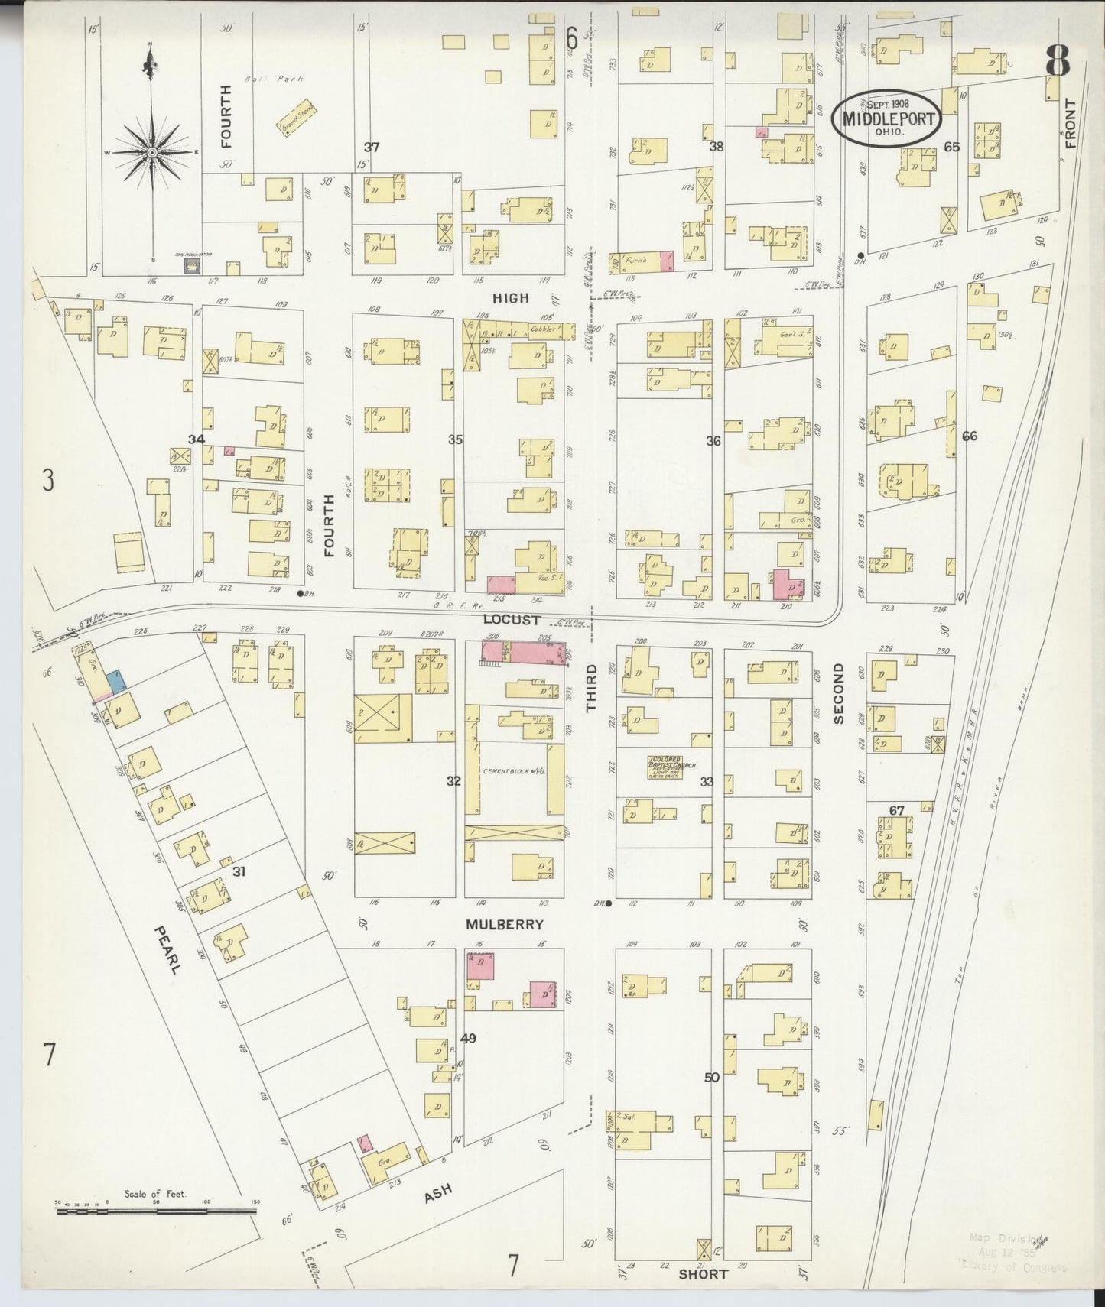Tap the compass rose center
[153, 153]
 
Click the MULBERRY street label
[505, 924]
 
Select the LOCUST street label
[511, 620]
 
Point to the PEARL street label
[167, 949]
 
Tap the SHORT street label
[703, 1274]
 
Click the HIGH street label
[510, 298]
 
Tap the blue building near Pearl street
[116, 680]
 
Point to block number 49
[468, 1038]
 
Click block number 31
[239, 871]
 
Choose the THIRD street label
[591, 688]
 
